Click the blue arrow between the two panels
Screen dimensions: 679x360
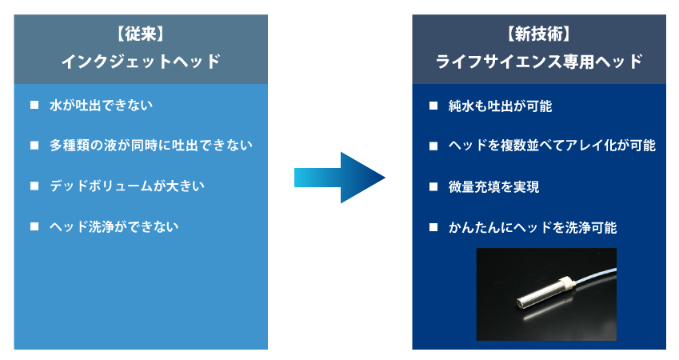pyautogui.click(x=339, y=178)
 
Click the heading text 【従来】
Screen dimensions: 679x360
pyautogui.click(x=141, y=34)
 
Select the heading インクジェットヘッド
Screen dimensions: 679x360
pyautogui.click(x=141, y=62)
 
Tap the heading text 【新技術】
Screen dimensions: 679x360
pyautogui.click(x=539, y=34)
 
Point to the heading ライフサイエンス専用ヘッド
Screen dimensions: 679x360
pyautogui.click(x=539, y=62)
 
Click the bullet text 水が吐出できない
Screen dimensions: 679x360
pyautogui.click(x=101, y=106)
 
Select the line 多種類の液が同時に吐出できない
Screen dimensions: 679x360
pyautogui.click(x=150, y=145)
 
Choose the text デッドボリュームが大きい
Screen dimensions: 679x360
pyautogui.click(x=127, y=186)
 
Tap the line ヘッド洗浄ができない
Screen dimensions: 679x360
pyautogui.click(x=114, y=226)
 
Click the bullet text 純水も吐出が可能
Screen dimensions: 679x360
pyautogui.click(x=500, y=106)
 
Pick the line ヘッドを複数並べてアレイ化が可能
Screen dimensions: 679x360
pyautogui.click(x=552, y=146)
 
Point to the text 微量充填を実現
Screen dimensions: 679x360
pyautogui.click(x=493, y=187)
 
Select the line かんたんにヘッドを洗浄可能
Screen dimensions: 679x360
pyautogui.click(x=533, y=227)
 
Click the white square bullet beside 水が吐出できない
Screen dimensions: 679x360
pyautogui.click(x=34, y=105)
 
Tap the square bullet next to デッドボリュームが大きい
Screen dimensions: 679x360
pyautogui.click(x=34, y=186)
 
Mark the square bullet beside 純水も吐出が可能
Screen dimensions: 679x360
pyautogui.click(x=433, y=106)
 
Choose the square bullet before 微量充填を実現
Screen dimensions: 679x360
pyautogui.click(x=433, y=186)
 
